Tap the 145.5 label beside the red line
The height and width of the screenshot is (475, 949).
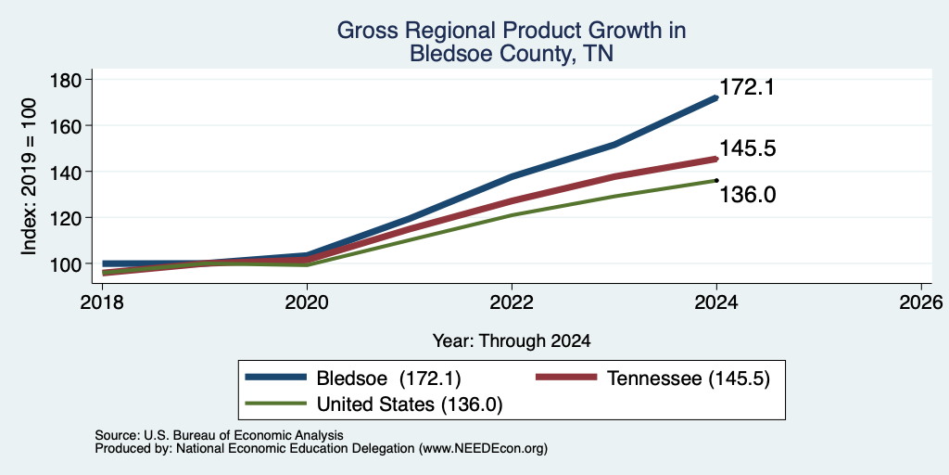point(748,149)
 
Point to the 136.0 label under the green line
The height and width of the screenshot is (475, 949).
point(748,195)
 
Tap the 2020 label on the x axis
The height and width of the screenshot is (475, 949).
point(307,302)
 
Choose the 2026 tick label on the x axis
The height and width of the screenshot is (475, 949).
point(920,302)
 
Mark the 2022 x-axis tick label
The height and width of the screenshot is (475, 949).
point(512,302)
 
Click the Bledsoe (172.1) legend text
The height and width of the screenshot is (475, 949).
point(389,379)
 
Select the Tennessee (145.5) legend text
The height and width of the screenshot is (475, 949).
point(689,379)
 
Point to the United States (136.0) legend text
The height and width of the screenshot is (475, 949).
point(410,404)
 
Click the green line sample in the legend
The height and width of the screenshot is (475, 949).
point(275,403)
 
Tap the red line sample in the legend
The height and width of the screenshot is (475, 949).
point(566,378)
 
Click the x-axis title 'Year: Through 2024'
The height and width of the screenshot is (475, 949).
point(512,341)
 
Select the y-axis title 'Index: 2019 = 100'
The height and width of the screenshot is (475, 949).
point(29,176)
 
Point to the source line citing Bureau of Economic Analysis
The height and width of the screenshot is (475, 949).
point(219,435)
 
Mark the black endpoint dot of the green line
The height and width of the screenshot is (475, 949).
point(716,180)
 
